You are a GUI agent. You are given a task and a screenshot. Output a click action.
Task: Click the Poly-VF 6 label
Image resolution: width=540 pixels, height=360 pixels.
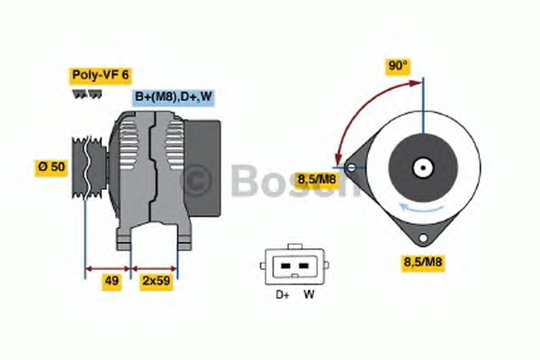coord(100,75)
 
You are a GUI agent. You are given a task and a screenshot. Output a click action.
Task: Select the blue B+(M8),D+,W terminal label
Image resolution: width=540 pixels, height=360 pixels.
coord(173,96)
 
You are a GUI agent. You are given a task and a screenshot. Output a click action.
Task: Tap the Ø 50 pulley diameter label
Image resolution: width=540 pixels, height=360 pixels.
coord(51,167)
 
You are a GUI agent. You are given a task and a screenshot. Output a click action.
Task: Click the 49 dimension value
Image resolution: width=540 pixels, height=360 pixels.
coord(112,281)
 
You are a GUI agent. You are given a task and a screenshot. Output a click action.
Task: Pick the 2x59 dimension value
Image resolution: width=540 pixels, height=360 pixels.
coord(157,281)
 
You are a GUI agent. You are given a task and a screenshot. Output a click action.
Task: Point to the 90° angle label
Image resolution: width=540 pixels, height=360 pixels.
coord(398,66)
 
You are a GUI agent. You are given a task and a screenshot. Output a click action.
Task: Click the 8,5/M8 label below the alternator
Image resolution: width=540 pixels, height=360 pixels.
coord(423,262)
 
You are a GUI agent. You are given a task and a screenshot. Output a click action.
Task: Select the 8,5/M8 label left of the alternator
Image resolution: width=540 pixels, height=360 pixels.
coord(317,179)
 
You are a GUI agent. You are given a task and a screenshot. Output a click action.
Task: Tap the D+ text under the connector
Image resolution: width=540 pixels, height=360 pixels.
coord(283,294)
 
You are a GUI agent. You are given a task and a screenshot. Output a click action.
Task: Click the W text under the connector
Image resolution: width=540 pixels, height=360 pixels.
coord(309,294)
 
